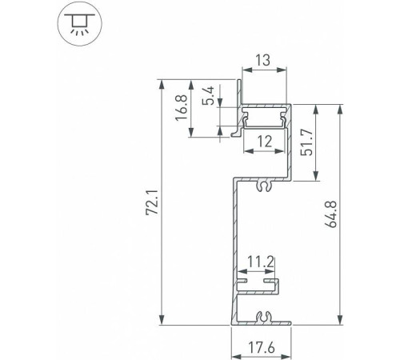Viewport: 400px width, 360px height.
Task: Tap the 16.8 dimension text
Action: click(x=181, y=109)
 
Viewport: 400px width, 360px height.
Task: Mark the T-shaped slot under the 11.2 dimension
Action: click(x=258, y=284)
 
